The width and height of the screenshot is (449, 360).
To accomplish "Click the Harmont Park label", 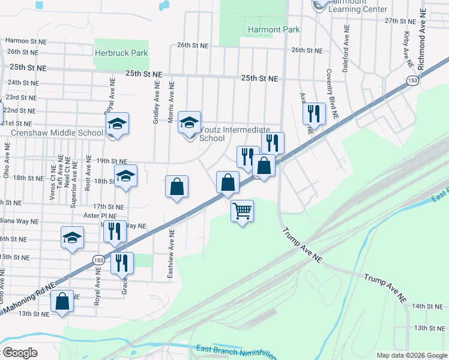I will [273, 29].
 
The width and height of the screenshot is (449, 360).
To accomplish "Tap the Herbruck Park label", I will [121, 53].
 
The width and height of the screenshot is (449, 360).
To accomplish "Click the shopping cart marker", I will [242, 211].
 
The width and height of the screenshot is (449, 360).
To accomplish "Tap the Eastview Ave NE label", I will [171, 254].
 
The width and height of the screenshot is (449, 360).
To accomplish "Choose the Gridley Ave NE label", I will [156, 103].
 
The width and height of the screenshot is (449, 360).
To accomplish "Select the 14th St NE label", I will [427, 307].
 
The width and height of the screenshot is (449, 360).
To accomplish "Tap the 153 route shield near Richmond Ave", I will [412, 80].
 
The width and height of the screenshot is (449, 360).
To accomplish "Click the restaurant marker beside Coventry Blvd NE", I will [314, 113].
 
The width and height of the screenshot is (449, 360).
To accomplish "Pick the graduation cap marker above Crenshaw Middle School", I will [118, 125].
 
